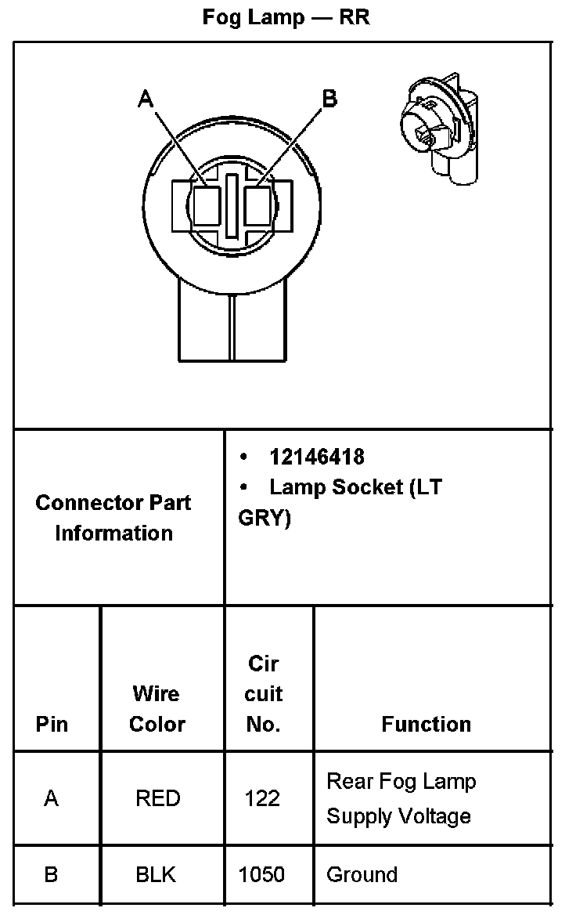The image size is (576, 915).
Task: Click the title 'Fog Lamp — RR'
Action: (286, 17)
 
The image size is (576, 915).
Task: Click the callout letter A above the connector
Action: (146, 98)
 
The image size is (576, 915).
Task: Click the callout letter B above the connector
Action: (329, 98)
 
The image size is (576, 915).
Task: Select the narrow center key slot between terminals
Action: (232, 206)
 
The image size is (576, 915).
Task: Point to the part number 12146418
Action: (317, 457)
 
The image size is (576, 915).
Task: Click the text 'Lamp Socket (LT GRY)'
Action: (340, 502)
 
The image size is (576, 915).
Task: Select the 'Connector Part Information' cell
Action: (113, 518)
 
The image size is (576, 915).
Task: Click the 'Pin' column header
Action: (52, 724)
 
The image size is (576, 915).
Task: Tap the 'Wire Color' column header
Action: (156, 709)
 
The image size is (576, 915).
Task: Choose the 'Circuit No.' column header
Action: (264, 694)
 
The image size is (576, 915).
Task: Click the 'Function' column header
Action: (426, 724)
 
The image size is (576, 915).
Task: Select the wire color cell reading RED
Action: (157, 798)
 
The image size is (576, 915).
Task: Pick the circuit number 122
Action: (262, 798)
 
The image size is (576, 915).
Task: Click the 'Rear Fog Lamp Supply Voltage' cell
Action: (401, 798)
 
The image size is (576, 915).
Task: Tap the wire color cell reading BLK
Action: (156, 874)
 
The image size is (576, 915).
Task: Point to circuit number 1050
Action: (262, 874)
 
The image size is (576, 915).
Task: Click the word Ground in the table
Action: (362, 874)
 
